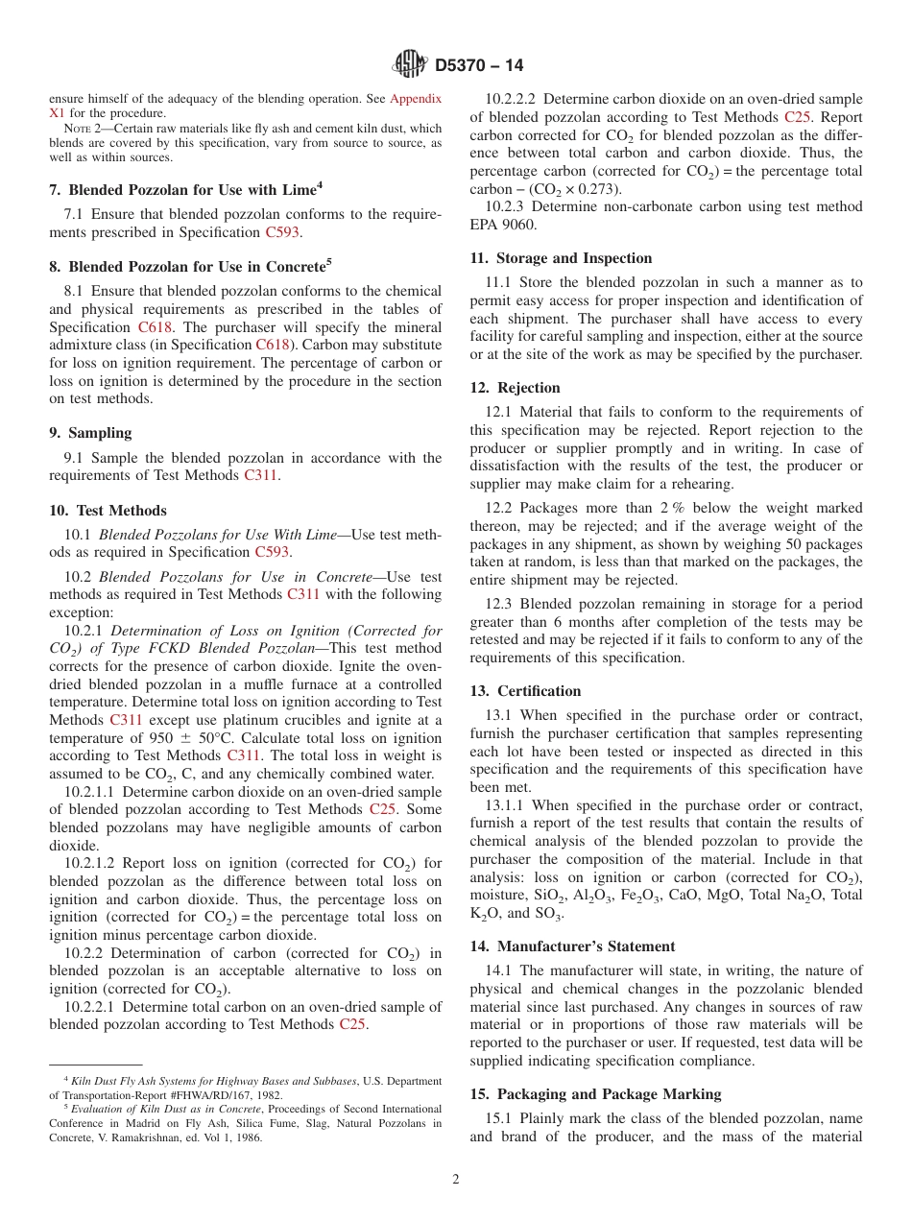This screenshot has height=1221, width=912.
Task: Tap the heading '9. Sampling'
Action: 90,433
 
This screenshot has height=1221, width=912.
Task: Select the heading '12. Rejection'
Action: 515,388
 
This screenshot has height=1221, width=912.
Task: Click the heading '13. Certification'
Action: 525,691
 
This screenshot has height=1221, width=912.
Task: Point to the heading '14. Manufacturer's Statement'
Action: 572,946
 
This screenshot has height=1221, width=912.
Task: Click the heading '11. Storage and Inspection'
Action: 561,258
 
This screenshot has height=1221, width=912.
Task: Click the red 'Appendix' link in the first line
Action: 415,98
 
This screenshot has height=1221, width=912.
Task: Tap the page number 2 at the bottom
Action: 456,1180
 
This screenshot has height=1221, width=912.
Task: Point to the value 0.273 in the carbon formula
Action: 599,189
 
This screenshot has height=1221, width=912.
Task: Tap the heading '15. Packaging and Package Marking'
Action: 595,1094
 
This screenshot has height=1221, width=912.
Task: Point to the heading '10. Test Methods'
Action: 108,511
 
